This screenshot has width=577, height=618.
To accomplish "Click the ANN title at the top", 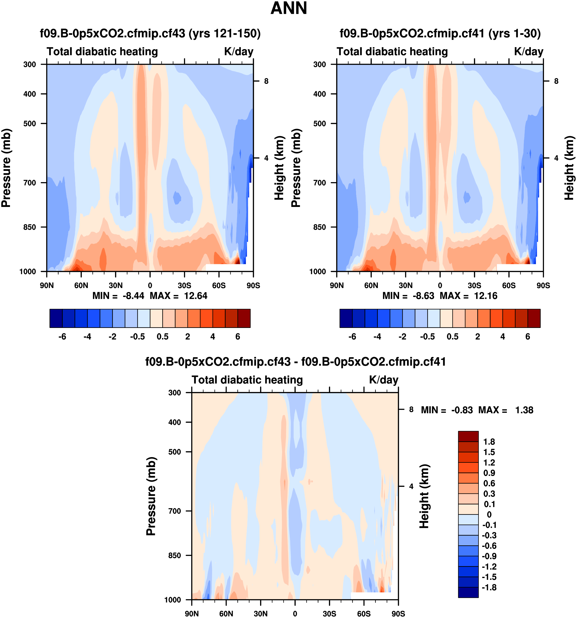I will [x=289, y=8].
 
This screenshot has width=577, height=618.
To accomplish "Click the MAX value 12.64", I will [x=195, y=296].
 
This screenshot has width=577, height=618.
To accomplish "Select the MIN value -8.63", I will [x=423, y=296].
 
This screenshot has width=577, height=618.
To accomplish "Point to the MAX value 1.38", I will [x=524, y=410].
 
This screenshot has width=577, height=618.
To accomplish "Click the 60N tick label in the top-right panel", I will [x=371, y=285].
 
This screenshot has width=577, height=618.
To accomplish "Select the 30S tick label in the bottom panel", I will [x=329, y=614].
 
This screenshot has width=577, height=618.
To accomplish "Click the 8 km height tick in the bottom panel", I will [x=411, y=410].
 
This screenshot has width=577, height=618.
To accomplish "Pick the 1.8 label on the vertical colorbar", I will [x=489, y=442].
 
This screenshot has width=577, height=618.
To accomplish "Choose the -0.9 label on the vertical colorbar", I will [x=489, y=556].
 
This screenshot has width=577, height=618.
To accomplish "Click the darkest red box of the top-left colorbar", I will [x=244, y=318].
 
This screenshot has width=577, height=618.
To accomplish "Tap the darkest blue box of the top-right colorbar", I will [x=346, y=318].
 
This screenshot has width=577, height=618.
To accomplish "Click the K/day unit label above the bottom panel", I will [x=383, y=380].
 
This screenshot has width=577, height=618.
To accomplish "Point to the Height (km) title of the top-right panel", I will [x=569, y=168].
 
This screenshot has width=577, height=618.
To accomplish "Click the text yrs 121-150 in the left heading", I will [x=225, y=33].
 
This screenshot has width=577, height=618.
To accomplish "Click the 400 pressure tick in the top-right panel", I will [x=319, y=94].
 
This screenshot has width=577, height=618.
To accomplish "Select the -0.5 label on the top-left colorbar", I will [x=137, y=337].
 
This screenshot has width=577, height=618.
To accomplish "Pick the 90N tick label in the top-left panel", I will [x=47, y=285].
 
